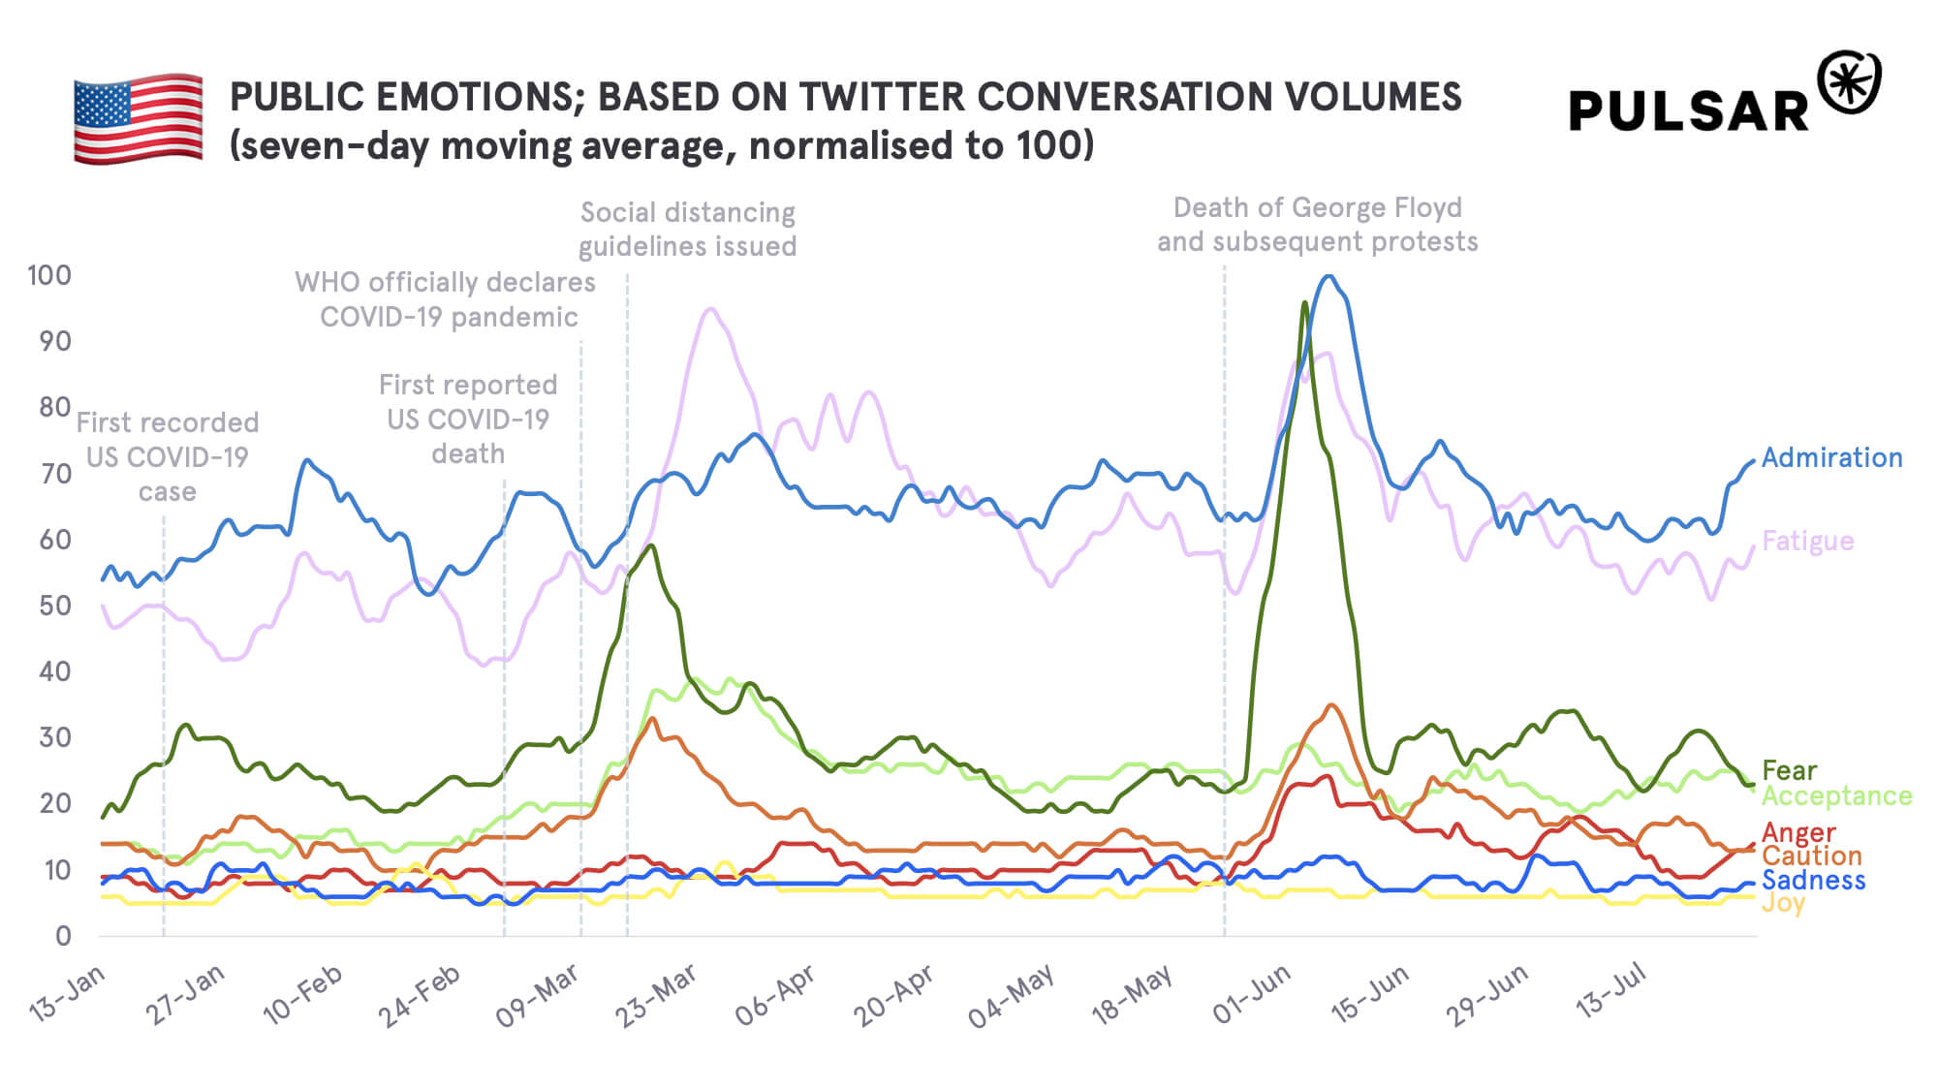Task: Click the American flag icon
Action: pos(139,117)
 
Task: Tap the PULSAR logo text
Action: pos(1688,111)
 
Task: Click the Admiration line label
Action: pos(1831,457)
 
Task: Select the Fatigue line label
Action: pos(1807,541)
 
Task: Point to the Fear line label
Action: pos(1789,770)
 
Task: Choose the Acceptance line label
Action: pos(1836,795)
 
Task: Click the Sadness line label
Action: pos(1813,880)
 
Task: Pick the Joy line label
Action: pos(1783,903)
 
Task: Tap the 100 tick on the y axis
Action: pos(49,275)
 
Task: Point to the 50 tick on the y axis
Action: pos(55,606)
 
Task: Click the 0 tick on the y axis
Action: pos(63,936)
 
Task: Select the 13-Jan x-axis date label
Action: pos(67,993)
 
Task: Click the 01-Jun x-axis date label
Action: pos(1252,993)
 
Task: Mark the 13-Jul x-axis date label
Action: pos(1610,990)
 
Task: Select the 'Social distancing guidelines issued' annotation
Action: pos(687,230)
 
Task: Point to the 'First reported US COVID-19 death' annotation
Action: pos(468,420)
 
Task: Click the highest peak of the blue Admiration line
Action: pos(1329,276)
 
